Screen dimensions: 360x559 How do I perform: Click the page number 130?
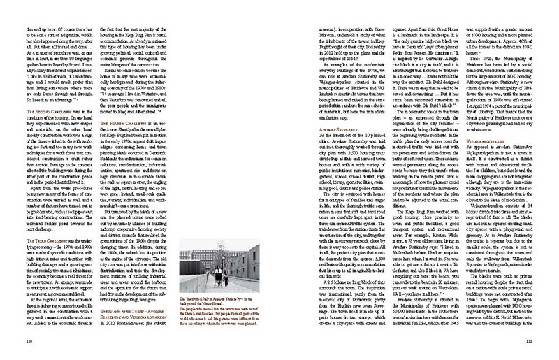(27, 341)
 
